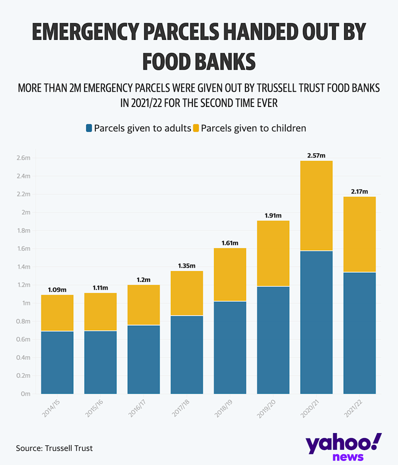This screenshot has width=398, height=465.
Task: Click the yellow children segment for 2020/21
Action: tap(316, 206)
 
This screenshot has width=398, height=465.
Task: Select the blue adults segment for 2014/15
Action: tap(57, 362)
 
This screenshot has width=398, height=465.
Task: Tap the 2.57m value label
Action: tap(316, 155)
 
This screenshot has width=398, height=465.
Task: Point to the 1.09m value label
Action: tap(57, 290)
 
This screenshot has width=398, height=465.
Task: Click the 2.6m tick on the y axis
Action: tap(23, 158)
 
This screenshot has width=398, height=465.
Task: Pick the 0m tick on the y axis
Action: tap(25, 394)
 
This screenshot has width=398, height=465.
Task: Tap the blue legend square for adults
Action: tap(89, 128)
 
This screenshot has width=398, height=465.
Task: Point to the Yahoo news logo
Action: tap(344, 447)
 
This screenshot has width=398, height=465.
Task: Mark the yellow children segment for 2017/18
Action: tap(187, 293)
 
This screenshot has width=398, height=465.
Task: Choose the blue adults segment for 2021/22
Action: tap(359, 333)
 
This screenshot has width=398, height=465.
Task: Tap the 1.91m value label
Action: tap(273, 216)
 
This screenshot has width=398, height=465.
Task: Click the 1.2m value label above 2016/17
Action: tap(143, 280)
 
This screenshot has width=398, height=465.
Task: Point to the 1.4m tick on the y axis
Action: tap(23, 267)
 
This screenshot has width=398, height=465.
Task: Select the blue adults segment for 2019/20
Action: tap(273, 340)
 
